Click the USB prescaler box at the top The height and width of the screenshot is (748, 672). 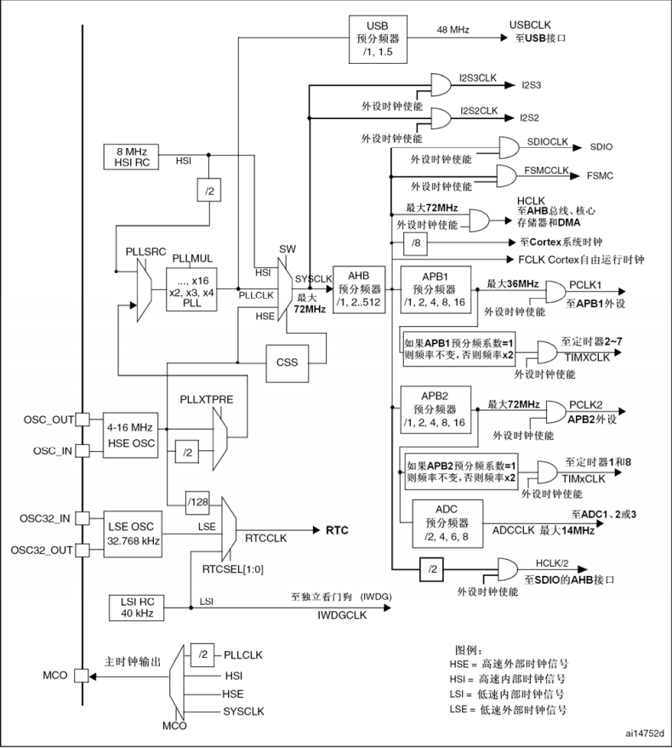point(375,38)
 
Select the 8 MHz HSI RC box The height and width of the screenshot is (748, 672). point(127,157)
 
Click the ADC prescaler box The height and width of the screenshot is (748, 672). point(447,521)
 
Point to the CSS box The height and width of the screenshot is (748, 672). point(288,361)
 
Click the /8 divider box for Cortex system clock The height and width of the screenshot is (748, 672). point(414,243)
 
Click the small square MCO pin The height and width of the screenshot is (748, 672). point(82,677)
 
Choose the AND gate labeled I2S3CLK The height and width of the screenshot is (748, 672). point(442,84)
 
